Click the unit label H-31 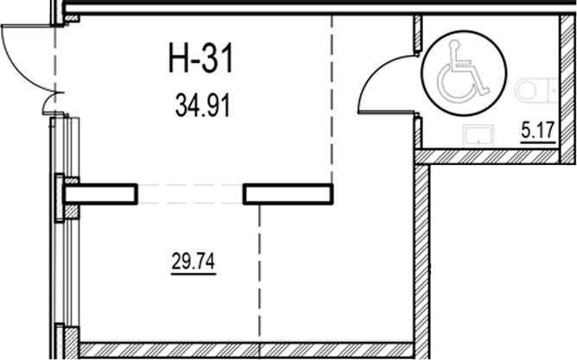click(201, 58)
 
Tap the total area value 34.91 click(203, 105)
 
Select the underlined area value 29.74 click(193, 262)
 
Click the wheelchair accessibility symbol click(464, 73)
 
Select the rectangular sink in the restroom click(479, 136)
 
